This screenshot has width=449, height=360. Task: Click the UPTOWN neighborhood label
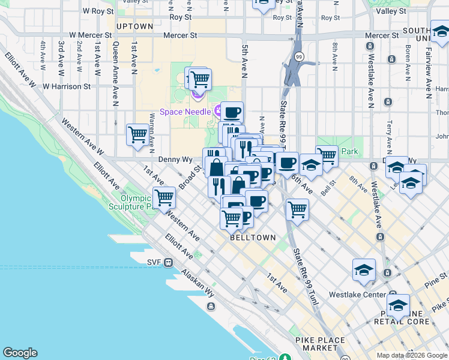[x=134, y=26]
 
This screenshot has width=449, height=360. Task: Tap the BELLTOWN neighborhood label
[x=253, y=238]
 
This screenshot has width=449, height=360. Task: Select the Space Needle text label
[x=185, y=112]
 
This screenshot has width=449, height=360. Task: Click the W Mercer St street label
[x=90, y=35]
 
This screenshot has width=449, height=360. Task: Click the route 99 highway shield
[x=298, y=56]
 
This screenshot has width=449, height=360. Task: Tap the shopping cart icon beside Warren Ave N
[x=137, y=134]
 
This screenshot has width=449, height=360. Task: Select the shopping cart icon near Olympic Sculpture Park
[x=164, y=197]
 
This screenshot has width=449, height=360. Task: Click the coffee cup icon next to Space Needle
[x=232, y=112]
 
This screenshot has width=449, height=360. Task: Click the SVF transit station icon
[x=169, y=262]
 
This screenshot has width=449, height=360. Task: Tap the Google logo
[x=20, y=353]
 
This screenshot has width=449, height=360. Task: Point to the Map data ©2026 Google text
[x=411, y=355]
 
